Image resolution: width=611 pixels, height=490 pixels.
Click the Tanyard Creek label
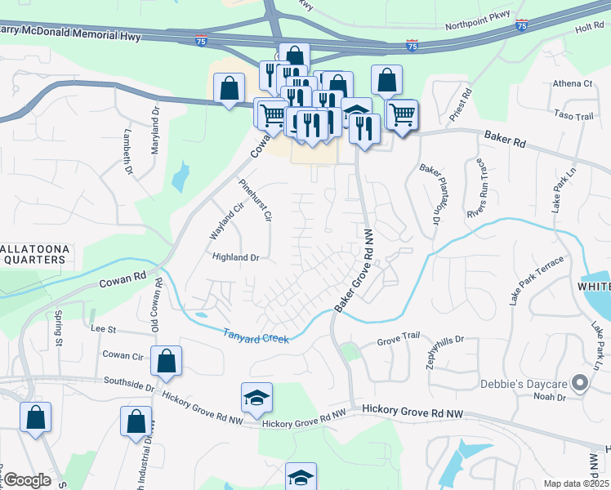(x=256, y=336)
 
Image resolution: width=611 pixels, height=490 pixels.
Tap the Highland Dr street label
(x=235, y=257)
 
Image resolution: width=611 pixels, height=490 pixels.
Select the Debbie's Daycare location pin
(x=580, y=382)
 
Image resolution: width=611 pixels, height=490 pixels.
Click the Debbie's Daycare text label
(x=532, y=383)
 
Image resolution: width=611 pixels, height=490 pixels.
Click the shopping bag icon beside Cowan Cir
(x=166, y=362)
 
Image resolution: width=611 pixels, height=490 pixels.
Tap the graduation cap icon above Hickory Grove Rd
(x=256, y=398)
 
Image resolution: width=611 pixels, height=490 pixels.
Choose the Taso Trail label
(x=573, y=117)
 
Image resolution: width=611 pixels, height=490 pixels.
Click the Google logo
(x=27, y=480)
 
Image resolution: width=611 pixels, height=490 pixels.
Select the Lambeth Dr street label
(x=127, y=152)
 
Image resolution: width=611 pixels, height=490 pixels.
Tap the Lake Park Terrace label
(x=537, y=283)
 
